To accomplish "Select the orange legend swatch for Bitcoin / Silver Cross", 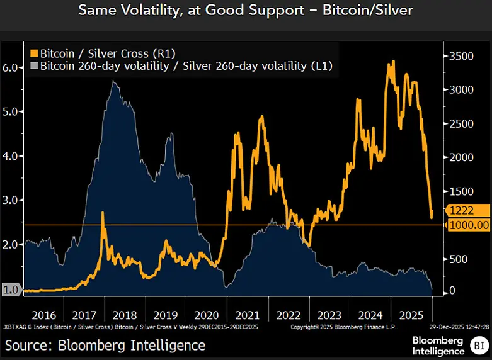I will coord(33,53).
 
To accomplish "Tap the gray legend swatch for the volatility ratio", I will coord(33,65).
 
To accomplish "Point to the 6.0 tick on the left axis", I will coord(12,67).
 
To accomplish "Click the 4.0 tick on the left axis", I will coord(12,156).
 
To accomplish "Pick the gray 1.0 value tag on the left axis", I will coord(11,290).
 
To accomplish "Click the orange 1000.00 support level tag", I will coord(468,225).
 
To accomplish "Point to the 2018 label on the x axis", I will coord(125,314).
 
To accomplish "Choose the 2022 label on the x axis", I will coord(288,314).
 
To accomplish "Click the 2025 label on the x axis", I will coord(411,314).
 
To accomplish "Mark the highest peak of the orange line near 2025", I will coord(393,62).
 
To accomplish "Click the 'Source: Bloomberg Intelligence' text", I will coord(106,345).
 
